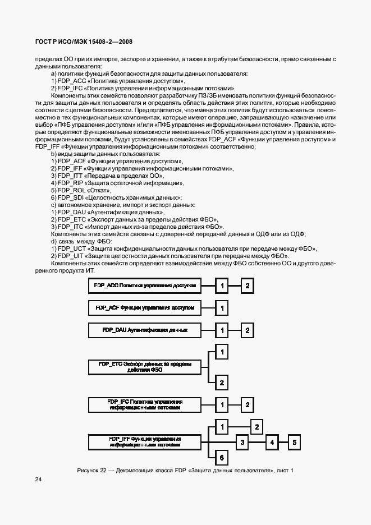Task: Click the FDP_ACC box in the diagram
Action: tap(144, 286)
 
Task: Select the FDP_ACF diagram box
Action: tap(144, 308)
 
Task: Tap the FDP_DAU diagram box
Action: tap(144, 330)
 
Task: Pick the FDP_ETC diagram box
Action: tap(144, 367)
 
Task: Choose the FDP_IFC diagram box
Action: tap(144, 404)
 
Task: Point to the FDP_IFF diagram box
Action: tap(144, 441)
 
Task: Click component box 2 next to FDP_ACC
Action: tap(247, 286)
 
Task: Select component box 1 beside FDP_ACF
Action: tap(222, 308)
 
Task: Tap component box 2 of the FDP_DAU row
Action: tap(247, 330)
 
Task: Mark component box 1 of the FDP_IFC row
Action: tap(222, 404)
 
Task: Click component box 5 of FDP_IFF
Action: tap(295, 443)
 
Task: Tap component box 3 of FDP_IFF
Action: tap(242, 443)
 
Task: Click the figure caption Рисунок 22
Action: tap(185, 469)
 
